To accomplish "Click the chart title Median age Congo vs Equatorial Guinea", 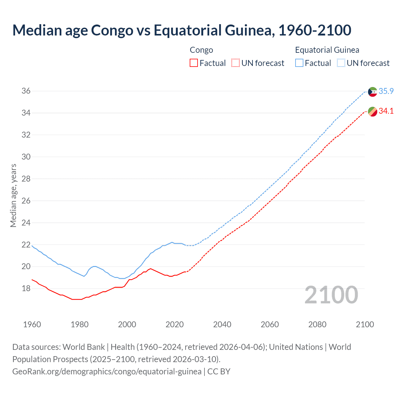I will (x=182, y=30).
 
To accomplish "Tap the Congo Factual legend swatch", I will (x=194, y=63).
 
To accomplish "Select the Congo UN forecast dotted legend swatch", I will (x=236, y=63).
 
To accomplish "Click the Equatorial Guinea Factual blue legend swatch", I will (x=299, y=63).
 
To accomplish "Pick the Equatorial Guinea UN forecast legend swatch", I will (x=341, y=63).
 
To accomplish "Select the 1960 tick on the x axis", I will (x=32, y=324).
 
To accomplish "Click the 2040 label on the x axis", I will (x=222, y=324).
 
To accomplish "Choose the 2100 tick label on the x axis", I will (x=365, y=324).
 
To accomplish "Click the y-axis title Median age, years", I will (x=13, y=195).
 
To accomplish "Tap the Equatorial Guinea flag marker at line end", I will (x=372, y=92).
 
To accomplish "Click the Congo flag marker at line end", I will (x=372, y=111).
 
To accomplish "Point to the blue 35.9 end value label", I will (x=386, y=91).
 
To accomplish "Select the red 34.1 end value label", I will (x=386, y=111).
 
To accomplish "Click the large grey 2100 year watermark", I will (x=331, y=295).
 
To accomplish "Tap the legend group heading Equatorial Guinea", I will (x=327, y=50).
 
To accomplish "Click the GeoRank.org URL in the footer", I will (x=107, y=372).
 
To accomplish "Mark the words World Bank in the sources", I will (x=84, y=347).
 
